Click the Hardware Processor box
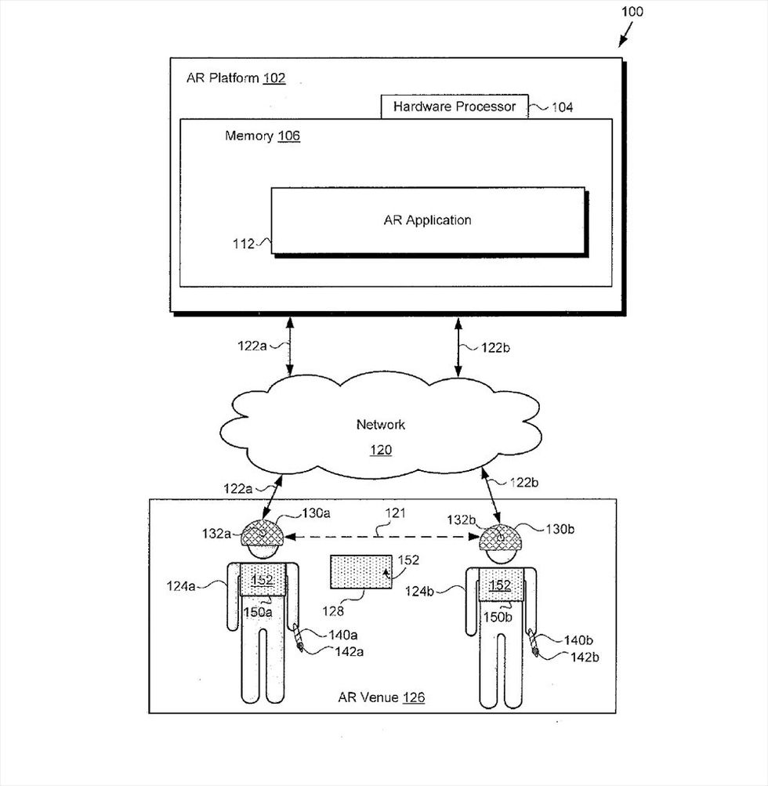pyautogui.click(x=455, y=107)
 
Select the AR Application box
pyautogui.click(x=428, y=220)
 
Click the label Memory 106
pyautogui.click(x=262, y=136)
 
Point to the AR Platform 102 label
pyautogui.click(x=235, y=78)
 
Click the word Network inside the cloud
pyautogui.click(x=381, y=425)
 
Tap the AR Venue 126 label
pyautogui.click(x=381, y=697)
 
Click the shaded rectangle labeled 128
pyautogui.click(x=361, y=571)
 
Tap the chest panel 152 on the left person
pyautogui.click(x=263, y=579)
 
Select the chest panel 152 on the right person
pyautogui.click(x=499, y=585)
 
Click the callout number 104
pyautogui.click(x=561, y=107)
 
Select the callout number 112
pyautogui.click(x=244, y=244)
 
